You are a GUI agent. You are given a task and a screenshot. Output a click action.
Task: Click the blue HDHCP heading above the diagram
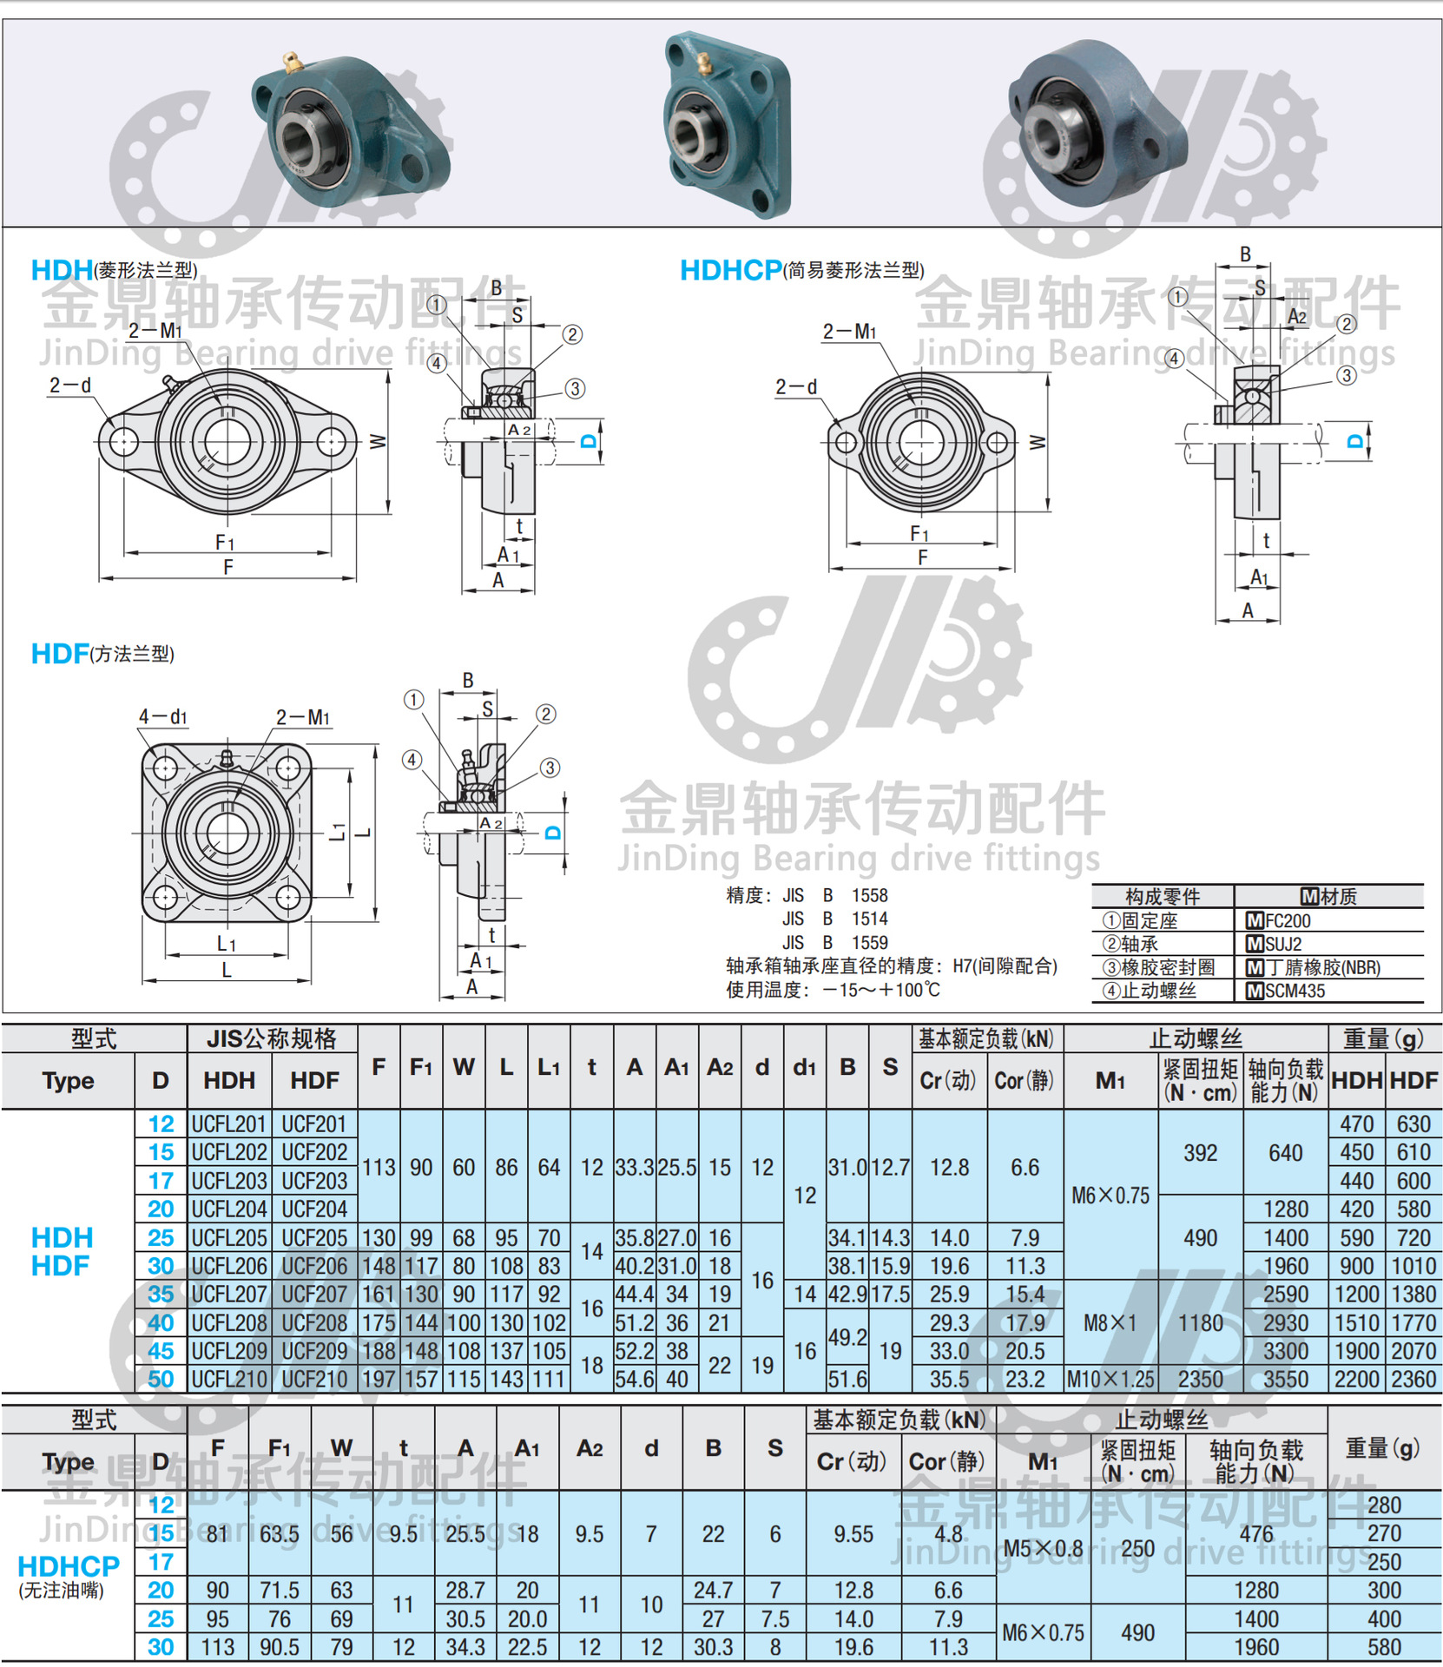[730, 270]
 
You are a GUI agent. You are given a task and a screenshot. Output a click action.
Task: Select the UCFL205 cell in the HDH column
[228, 1237]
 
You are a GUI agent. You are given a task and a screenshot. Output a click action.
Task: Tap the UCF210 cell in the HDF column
[314, 1379]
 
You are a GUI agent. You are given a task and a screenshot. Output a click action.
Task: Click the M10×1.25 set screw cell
[1110, 1379]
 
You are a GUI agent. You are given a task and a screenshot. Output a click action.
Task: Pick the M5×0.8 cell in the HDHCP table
[1043, 1548]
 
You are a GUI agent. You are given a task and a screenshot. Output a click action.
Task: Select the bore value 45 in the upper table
[161, 1351]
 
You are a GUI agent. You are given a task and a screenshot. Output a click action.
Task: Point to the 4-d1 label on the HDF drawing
[162, 717]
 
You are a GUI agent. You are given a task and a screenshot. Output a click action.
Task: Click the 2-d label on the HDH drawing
[70, 385]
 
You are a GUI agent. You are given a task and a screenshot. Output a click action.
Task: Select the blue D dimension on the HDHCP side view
[1354, 441]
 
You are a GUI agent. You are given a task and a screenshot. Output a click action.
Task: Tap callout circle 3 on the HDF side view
[550, 768]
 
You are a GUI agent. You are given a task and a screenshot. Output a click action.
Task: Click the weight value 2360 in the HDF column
[1413, 1379]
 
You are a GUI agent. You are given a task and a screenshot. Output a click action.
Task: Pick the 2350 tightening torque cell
[1200, 1379]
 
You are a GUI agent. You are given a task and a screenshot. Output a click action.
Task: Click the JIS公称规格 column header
[271, 1038]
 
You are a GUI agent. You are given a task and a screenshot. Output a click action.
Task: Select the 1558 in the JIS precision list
[869, 895]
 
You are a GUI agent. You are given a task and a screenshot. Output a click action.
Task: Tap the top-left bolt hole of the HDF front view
[165, 768]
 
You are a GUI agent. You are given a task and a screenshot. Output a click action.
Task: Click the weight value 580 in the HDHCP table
[1384, 1647]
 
